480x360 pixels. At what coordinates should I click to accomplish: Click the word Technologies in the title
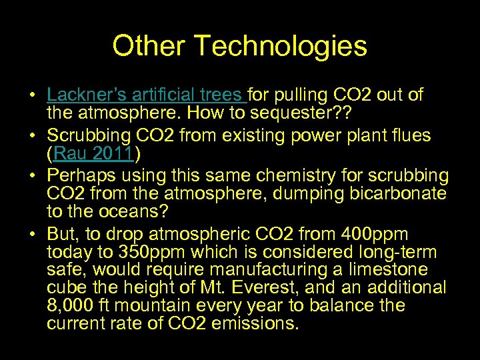point(280,46)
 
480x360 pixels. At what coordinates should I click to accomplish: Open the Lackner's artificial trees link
point(146,95)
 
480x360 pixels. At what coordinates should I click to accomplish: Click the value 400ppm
point(371,235)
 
